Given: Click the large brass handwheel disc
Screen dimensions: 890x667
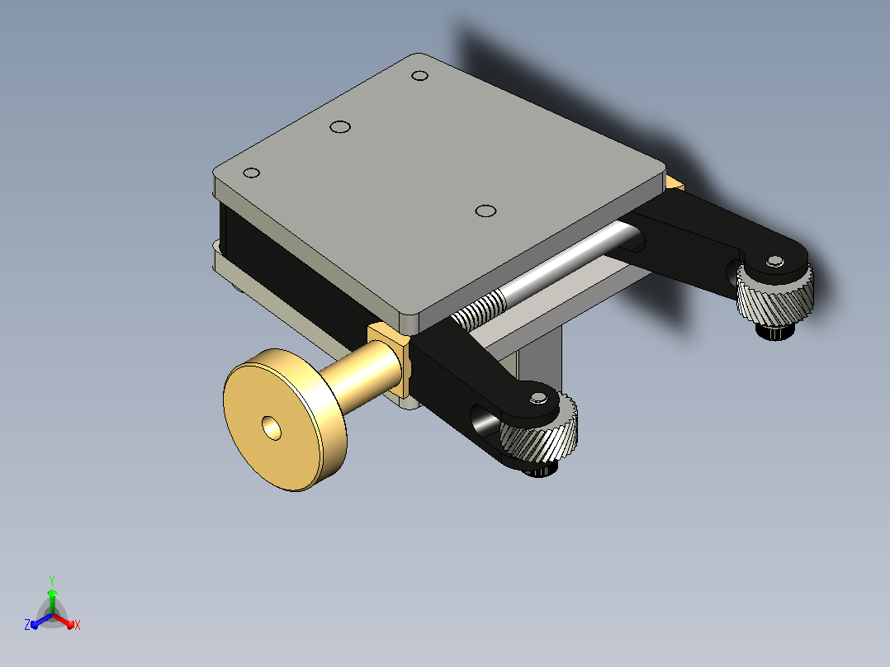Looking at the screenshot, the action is pyautogui.click(x=284, y=420).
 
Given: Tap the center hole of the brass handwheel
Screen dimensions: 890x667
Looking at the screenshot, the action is pyautogui.click(x=272, y=428).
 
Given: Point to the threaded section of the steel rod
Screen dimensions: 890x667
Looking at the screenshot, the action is pyautogui.click(x=479, y=310).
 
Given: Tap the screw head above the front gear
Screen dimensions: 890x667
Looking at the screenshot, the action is pyautogui.click(x=538, y=398).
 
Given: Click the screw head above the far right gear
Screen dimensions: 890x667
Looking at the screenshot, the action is pyautogui.click(x=774, y=262).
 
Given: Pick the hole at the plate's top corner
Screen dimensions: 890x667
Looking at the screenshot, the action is pyautogui.click(x=419, y=75).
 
